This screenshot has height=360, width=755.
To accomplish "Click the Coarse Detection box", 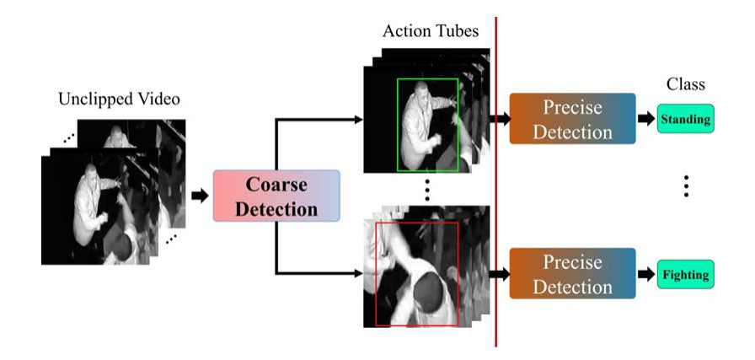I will pyautogui.click(x=276, y=196).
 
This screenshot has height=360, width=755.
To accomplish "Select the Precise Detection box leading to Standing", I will pyautogui.click(x=572, y=119).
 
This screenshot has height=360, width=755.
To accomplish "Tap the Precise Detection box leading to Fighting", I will pyautogui.click(x=572, y=274).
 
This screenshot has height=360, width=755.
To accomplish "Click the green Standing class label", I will pyautogui.click(x=685, y=120).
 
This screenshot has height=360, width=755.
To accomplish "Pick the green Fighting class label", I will pyautogui.click(x=684, y=275).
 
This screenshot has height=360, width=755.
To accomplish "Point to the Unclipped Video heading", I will pyautogui.click(x=119, y=99).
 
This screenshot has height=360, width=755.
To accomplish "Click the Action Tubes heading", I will pyautogui.click(x=430, y=32).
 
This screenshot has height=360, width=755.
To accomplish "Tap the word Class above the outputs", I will pyautogui.click(x=685, y=84).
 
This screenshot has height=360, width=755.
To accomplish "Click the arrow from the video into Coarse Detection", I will pyautogui.click(x=200, y=196).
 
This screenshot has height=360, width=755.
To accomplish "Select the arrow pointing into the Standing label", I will pyautogui.click(x=646, y=120).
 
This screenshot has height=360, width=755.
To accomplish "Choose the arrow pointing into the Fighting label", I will pyautogui.click(x=646, y=275).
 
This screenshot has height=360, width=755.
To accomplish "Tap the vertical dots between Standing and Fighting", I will pyautogui.click(x=686, y=186).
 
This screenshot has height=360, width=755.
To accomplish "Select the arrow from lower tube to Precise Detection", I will pyautogui.click(x=501, y=274).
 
